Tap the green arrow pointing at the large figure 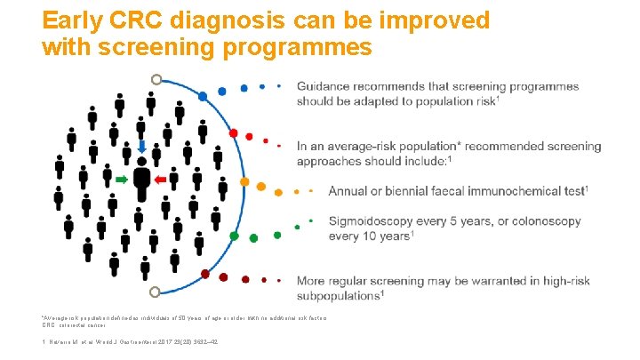tap(122, 180)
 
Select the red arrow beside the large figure tap(162, 180)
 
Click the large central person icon tap(141, 181)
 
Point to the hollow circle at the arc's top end tap(156, 79)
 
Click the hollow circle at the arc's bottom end tap(156, 292)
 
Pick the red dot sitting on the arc tap(234, 133)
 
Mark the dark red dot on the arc tap(205, 275)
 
